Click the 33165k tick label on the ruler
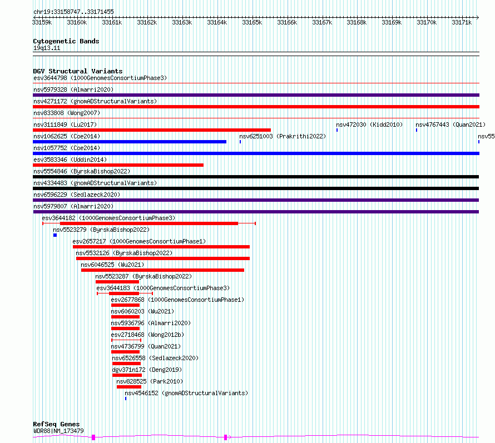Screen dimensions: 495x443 (x=252, y=22)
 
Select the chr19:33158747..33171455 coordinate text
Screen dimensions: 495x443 (x=73, y=12)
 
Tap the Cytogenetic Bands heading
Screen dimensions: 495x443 (x=66, y=41)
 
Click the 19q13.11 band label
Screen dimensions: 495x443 (x=47, y=48)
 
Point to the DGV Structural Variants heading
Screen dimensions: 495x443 (x=78, y=71)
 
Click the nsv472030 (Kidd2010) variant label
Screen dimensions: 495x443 (x=369, y=125)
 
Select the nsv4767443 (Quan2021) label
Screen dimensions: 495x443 (x=451, y=125)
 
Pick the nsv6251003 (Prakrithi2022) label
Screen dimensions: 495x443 (x=283, y=136)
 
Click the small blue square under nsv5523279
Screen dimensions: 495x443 (x=55, y=235)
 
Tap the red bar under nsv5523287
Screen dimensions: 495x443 (x=117, y=282)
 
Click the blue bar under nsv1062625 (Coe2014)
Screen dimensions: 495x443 (x=130, y=142)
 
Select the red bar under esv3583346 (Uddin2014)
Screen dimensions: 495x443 (x=118, y=165)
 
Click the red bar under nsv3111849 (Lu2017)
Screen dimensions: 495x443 (x=152, y=130)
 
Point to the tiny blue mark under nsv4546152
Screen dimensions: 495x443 (x=126, y=399)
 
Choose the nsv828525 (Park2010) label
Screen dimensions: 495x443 (x=150, y=381)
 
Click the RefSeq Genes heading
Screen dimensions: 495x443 (x=56, y=424)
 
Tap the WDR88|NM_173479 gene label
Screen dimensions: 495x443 (x=59, y=431)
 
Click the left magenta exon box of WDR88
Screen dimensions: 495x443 (x=93, y=437)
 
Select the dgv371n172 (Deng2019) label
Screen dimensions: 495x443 (x=147, y=370)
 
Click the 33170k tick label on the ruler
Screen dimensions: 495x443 (x=427, y=22)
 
